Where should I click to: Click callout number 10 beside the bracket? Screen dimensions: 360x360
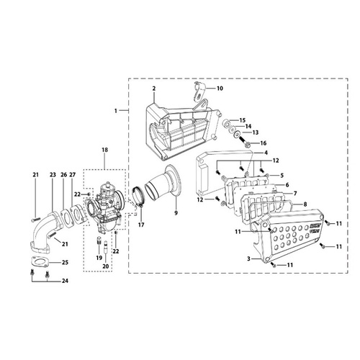click(x=220, y=89)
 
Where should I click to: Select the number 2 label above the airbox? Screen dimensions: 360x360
click(x=154, y=89)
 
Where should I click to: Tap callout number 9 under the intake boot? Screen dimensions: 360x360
click(x=176, y=213)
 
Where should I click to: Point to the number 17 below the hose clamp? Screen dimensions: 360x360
click(x=141, y=225)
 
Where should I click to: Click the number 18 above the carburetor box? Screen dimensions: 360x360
click(x=105, y=150)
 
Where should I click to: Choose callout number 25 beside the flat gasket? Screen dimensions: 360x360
click(x=65, y=262)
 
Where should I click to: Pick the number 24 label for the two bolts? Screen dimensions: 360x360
click(x=65, y=281)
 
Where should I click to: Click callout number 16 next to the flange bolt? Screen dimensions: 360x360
click(x=264, y=143)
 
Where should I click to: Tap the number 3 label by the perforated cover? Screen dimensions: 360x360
click(x=249, y=259)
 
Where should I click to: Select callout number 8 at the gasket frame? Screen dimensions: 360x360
click(x=305, y=204)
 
